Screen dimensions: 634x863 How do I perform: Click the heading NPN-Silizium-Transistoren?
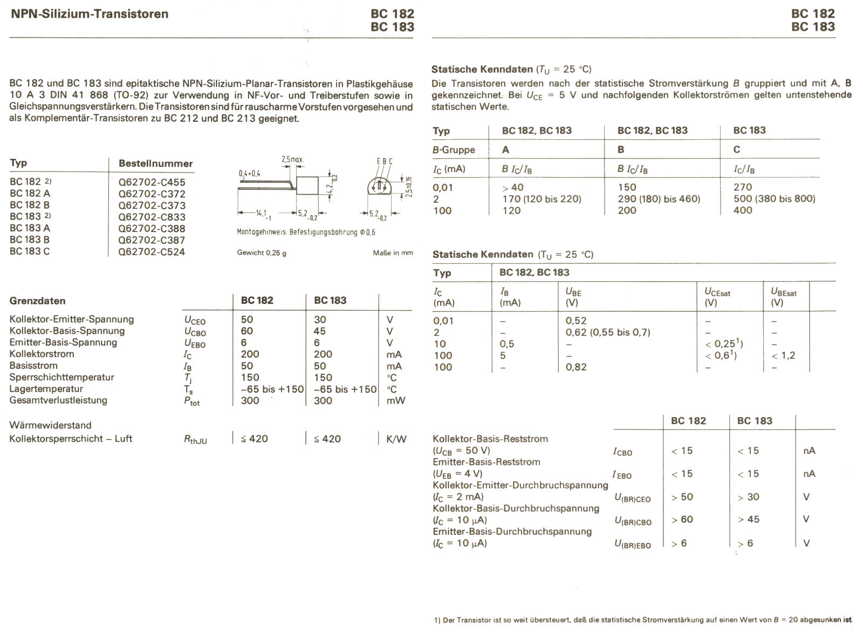(89, 14)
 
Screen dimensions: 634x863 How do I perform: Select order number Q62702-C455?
(152, 182)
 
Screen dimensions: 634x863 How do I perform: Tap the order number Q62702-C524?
(152, 251)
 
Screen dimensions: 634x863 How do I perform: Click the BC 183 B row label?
(30, 240)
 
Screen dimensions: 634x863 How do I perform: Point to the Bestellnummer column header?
(155, 163)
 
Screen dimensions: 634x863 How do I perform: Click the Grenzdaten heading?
(37, 301)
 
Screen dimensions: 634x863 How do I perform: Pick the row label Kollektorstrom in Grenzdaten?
(42, 354)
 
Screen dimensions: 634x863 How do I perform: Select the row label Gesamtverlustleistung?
(58, 400)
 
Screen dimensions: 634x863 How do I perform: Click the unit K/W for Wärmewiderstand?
(396, 439)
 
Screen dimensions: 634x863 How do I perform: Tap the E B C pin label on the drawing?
(385, 161)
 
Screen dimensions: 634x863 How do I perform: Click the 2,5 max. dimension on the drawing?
(293, 160)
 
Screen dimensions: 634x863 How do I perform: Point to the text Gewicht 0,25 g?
(262, 253)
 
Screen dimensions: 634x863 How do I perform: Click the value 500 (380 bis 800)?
(774, 199)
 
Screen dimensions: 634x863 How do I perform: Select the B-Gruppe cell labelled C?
(737, 150)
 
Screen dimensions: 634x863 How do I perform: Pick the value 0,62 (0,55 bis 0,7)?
(607, 332)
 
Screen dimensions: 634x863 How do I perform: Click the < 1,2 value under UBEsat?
(783, 356)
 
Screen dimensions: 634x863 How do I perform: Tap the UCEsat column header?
(717, 292)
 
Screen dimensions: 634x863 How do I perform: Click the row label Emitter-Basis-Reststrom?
(486, 462)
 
